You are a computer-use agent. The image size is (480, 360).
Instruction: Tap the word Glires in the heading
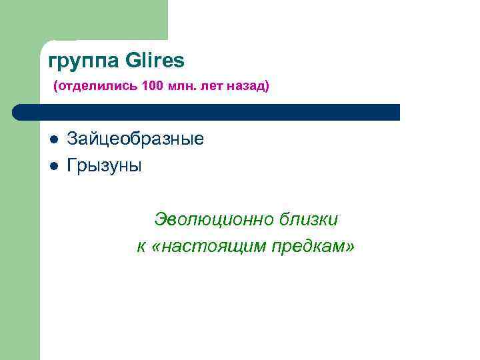click(154, 61)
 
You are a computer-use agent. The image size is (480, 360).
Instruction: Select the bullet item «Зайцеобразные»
click(135, 140)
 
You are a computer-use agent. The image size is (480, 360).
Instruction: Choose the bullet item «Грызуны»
click(104, 165)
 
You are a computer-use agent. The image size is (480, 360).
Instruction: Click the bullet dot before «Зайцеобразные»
click(53, 140)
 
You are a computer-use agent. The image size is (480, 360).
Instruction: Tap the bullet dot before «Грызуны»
click(53, 165)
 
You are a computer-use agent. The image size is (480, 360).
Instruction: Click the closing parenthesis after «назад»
click(267, 87)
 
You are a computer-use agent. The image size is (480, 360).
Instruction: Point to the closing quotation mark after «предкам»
click(350, 247)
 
